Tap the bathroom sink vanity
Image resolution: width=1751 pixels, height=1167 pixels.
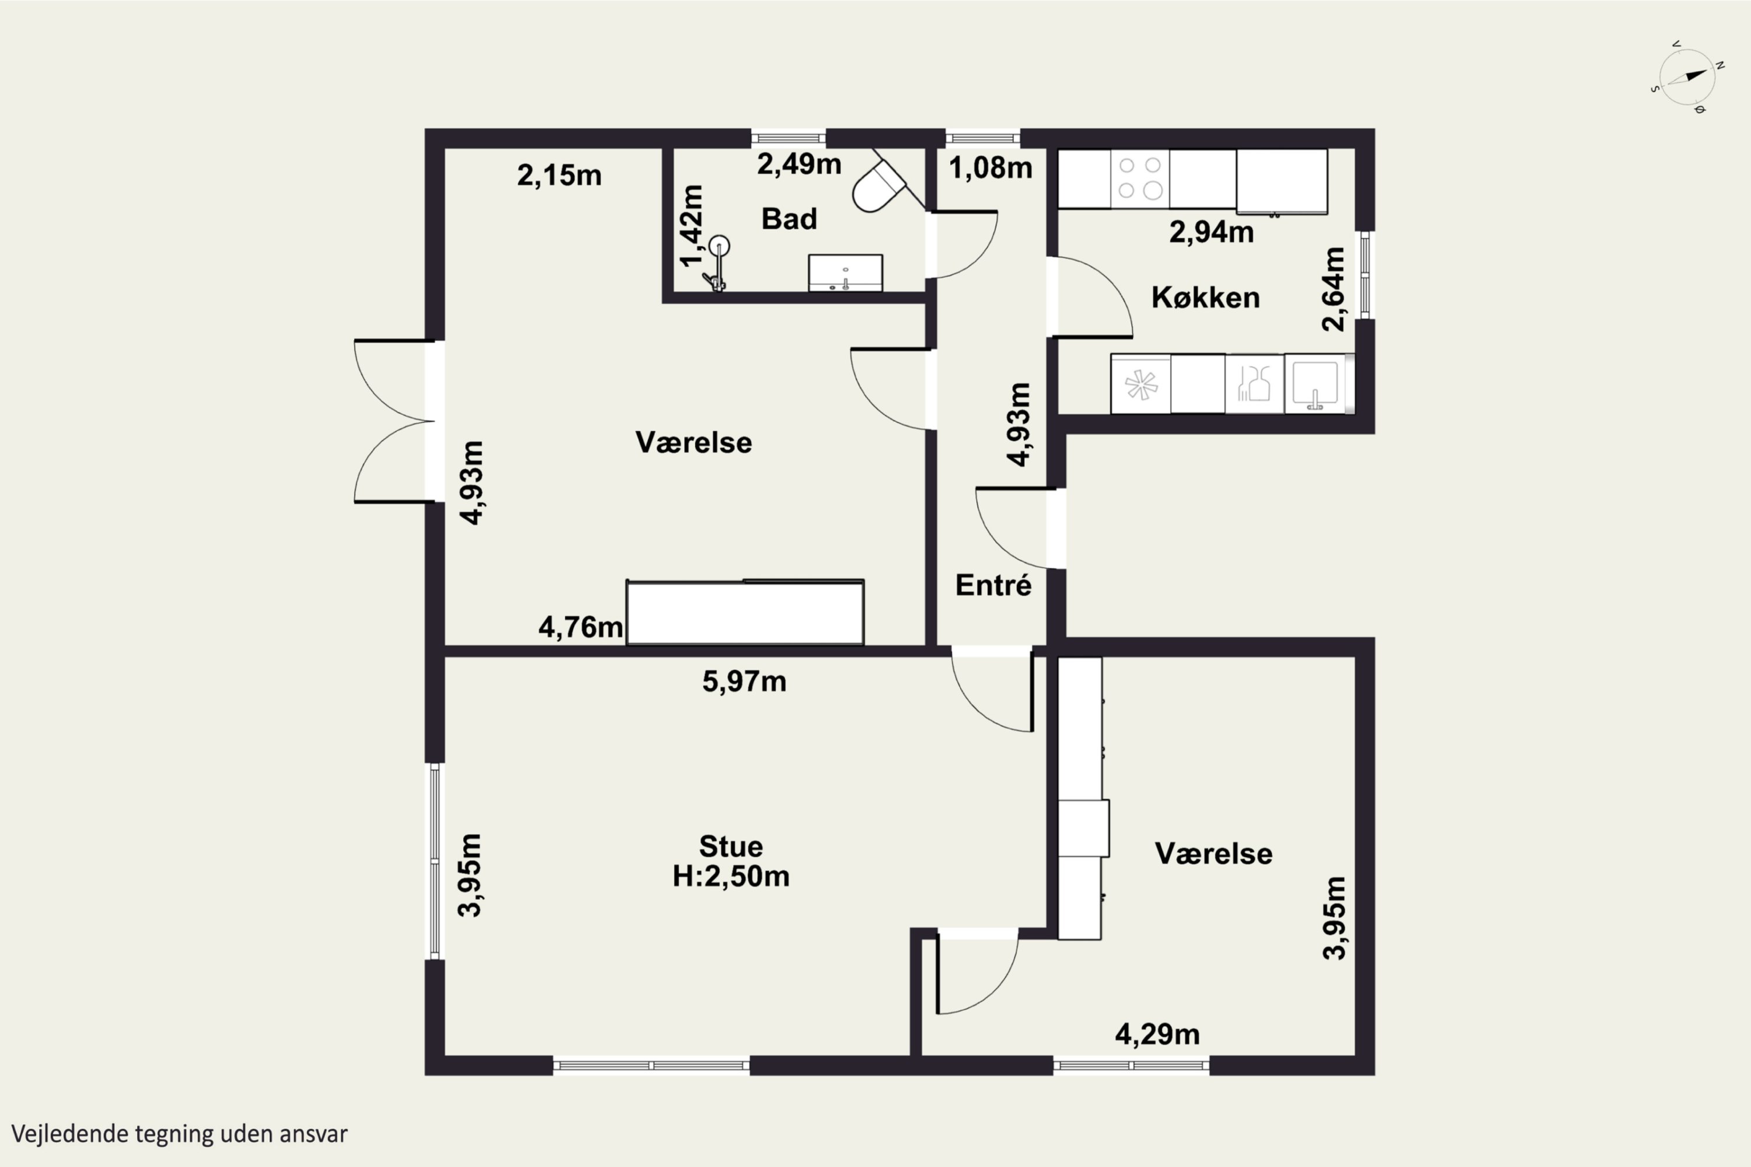[x=845, y=272]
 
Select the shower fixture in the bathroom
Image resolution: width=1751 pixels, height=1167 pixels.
[x=716, y=263]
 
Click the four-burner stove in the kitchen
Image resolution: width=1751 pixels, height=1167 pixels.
[x=1140, y=179]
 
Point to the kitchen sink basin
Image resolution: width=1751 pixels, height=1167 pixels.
[x=1315, y=384]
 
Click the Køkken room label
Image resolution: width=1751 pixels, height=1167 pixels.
[x=1205, y=298]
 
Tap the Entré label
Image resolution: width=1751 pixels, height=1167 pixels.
[x=993, y=585]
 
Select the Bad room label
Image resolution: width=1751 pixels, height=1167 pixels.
[x=789, y=219]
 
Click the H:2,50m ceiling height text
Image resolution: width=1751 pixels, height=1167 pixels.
[x=731, y=876]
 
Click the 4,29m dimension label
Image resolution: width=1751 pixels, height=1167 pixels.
[x=1157, y=1035]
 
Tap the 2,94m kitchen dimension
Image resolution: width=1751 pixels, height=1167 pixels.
[x=1211, y=232]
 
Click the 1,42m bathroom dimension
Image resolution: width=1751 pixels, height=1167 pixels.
[x=692, y=225]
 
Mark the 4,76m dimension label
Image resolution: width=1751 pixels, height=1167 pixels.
[x=581, y=627]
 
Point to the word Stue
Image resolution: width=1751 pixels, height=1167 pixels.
[x=731, y=846]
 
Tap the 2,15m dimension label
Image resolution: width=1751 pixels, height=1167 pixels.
[x=559, y=176]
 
